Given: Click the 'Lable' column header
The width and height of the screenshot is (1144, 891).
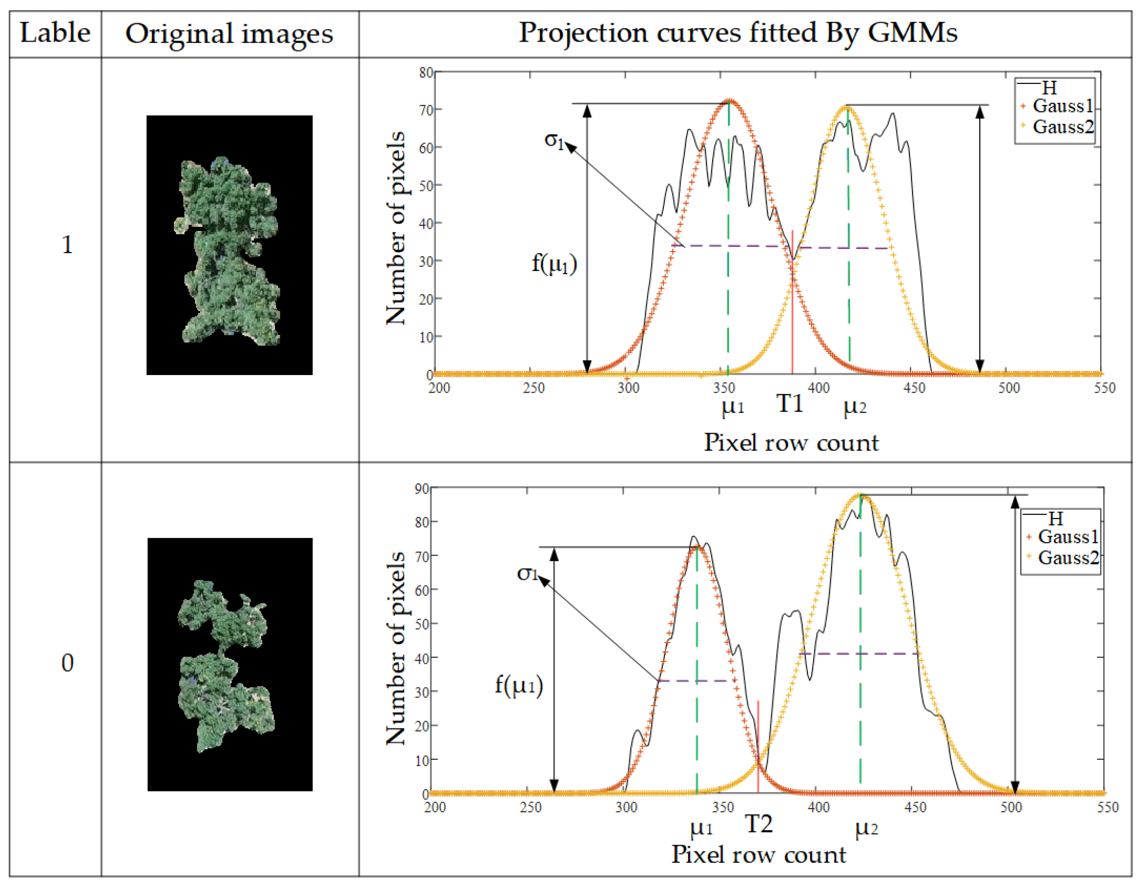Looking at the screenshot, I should point(55,32).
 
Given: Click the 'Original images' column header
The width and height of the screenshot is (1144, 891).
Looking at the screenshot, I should point(229,33).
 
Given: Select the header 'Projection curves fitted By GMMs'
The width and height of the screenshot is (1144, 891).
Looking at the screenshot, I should point(737,32).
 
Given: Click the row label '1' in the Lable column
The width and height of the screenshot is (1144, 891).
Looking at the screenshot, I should point(67,244).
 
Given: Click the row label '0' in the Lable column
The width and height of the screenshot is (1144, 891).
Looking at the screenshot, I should point(67,663).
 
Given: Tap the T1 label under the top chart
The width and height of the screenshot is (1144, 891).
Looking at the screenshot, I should point(789,403).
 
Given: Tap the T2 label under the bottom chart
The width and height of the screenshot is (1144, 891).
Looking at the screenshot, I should point(759,824).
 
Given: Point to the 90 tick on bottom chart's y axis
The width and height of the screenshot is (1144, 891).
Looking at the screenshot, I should point(421,489).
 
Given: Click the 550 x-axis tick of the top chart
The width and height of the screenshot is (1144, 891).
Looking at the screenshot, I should point(1104,388).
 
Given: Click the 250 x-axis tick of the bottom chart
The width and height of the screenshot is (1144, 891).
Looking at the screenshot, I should point(530,807).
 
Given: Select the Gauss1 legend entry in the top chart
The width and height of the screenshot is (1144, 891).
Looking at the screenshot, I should point(1062,106).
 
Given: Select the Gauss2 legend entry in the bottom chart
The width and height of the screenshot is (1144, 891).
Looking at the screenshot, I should point(1067,558).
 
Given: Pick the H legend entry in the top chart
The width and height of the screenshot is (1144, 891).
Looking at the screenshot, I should point(1049,87).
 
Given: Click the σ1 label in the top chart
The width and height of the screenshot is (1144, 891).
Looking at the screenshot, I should point(554,140).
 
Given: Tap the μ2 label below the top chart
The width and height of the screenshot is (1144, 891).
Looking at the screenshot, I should point(854,407).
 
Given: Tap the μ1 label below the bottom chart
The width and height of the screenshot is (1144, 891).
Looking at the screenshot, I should point(701,828).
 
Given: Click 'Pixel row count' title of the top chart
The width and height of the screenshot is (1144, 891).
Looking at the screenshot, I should point(791,442).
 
